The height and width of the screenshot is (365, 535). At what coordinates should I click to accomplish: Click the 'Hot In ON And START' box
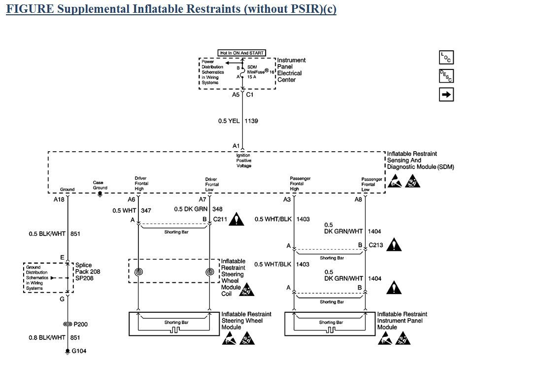pos(242,53)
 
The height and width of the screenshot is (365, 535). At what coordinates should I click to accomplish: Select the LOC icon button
pos(446,57)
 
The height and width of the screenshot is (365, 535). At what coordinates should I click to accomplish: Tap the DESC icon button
pos(446,76)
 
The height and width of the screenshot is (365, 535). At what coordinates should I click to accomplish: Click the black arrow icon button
pos(446,95)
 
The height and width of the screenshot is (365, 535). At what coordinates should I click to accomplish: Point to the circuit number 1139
pos(251,121)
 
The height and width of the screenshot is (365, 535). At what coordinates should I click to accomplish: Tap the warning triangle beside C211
pos(237,218)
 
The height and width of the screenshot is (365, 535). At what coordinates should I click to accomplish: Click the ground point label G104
pos(79,351)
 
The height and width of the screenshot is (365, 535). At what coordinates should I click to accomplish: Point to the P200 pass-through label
pos(80,324)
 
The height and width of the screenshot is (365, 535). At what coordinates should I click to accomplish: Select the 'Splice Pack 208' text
pos(83,268)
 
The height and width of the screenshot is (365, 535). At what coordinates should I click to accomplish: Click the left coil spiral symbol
pos(138,271)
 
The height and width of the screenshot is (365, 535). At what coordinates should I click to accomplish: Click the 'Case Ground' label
pos(100,185)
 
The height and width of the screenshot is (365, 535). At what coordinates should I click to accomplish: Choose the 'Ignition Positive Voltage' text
pos(243,161)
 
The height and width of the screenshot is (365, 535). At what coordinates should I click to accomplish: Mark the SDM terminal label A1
pos(236,146)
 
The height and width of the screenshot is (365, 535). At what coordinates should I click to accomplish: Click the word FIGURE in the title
pos(25,9)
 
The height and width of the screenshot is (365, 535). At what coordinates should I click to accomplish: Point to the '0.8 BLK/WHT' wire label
pos(47,337)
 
